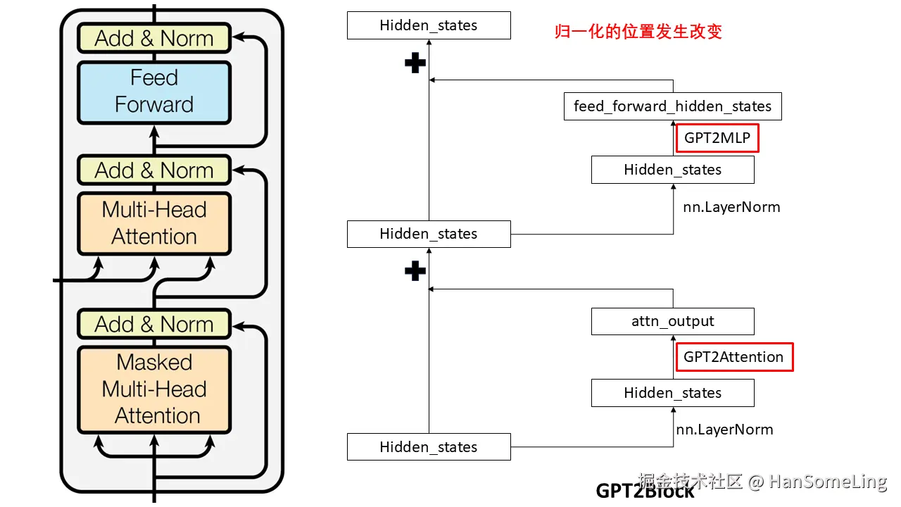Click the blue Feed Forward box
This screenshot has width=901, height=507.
tap(153, 92)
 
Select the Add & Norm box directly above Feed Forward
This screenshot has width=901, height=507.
tap(153, 38)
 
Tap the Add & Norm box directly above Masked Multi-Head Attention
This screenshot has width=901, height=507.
tap(153, 324)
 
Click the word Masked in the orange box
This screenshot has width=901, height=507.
tap(154, 363)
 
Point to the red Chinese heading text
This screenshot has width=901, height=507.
tap(638, 32)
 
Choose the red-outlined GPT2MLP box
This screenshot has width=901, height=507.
tap(717, 138)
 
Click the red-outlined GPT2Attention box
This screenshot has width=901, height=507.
tap(733, 357)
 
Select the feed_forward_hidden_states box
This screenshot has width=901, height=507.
tap(672, 106)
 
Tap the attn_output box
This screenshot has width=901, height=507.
tap(672, 322)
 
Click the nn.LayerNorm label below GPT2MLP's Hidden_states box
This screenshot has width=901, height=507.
tap(731, 207)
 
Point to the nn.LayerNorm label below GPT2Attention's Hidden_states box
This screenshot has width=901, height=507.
tap(724, 430)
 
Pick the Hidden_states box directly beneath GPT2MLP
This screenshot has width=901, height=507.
tap(672, 170)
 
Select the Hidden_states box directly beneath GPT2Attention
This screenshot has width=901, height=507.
tap(672, 393)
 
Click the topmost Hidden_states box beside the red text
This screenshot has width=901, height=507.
tap(428, 25)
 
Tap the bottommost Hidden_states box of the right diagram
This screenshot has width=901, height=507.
tap(428, 447)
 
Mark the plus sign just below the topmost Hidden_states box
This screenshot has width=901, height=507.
tap(415, 63)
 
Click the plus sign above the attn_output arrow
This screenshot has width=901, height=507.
tap(415, 270)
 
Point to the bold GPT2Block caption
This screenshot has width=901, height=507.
tap(645, 491)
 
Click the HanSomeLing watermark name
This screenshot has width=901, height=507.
tap(827, 482)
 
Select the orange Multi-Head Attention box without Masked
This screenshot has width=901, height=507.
tap(153, 223)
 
